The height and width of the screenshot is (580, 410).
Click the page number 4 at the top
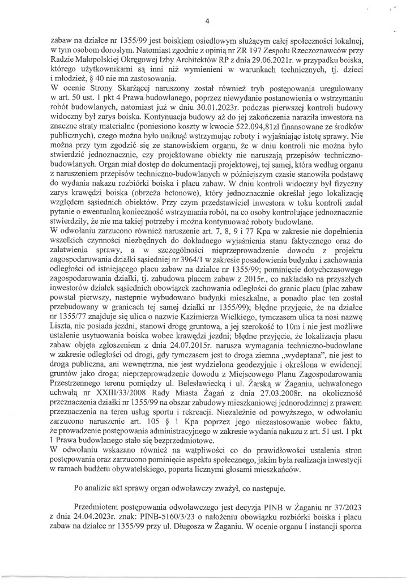[x=207, y=22]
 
